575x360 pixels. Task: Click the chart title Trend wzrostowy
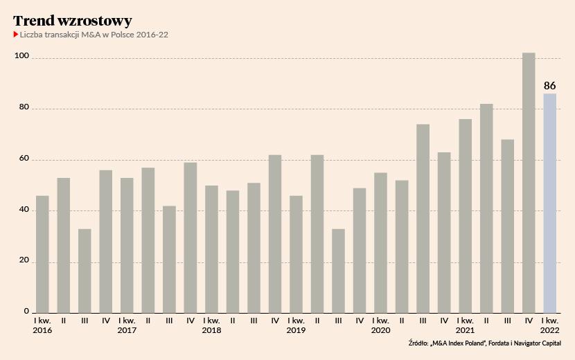[72, 21]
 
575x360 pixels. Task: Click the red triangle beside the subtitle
[16, 34]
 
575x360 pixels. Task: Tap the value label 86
[550, 86]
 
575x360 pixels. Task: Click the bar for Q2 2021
[486, 208]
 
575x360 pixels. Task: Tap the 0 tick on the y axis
[26, 312]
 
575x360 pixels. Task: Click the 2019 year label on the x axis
[296, 331]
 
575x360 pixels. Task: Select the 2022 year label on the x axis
[549, 331]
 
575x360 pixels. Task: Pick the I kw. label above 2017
[127, 321]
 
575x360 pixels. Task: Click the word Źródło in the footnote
[418, 343]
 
